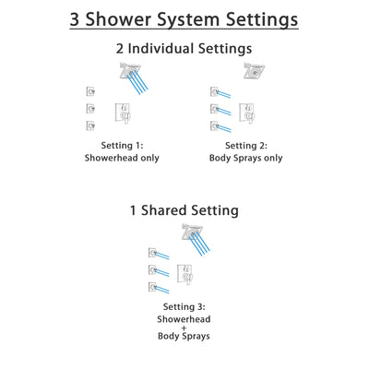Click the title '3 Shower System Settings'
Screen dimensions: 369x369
(x=184, y=18)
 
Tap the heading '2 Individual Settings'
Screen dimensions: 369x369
(x=184, y=48)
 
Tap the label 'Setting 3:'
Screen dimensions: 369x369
(x=184, y=308)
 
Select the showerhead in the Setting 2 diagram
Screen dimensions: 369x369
(x=251, y=72)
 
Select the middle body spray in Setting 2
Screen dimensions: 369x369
(x=214, y=108)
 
